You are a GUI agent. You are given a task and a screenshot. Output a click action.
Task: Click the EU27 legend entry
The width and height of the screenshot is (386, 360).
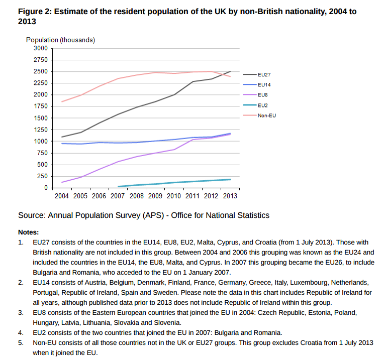click(x=264, y=74)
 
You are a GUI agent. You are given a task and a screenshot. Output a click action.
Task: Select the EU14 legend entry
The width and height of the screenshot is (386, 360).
click(x=264, y=84)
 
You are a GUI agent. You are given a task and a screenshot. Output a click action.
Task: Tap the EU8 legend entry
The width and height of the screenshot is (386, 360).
click(x=262, y=95)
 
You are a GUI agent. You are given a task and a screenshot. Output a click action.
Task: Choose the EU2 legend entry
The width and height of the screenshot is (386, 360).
click(x=262, y=105)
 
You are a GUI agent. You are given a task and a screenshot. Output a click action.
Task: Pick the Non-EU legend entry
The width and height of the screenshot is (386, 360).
click(x=266, y=115)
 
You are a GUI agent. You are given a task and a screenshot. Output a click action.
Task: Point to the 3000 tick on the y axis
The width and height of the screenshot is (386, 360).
click(x=40, y=48)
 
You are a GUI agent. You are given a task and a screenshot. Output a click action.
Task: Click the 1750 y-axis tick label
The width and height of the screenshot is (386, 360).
click(x=40, y=106)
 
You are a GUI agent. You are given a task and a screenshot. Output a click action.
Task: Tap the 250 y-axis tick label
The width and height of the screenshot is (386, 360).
click(x=42, y=176)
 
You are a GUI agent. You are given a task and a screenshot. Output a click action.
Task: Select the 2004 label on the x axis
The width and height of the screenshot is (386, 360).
click(x=61, y=196)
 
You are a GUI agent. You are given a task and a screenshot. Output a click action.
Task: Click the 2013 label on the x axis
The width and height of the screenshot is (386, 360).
click(x=230, y=196)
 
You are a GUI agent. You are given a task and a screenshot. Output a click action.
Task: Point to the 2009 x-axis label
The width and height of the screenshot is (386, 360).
click(x=155, y=196)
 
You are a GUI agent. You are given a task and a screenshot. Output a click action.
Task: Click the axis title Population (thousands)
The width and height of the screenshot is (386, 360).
click(x=60, y=40)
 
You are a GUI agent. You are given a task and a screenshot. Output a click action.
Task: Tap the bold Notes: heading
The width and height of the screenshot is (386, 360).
click(x=28, y=232)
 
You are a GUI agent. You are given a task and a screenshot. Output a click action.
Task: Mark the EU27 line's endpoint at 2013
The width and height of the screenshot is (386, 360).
click(x=231, y=71)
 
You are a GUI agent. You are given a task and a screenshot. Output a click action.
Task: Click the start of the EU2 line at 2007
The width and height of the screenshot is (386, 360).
click(x=118, y=186)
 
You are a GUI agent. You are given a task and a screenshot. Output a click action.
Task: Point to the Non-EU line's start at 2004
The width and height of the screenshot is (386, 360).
click(x=62, y=102)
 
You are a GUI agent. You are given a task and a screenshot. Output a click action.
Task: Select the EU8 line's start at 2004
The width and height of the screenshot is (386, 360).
click(x=62, y=182)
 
